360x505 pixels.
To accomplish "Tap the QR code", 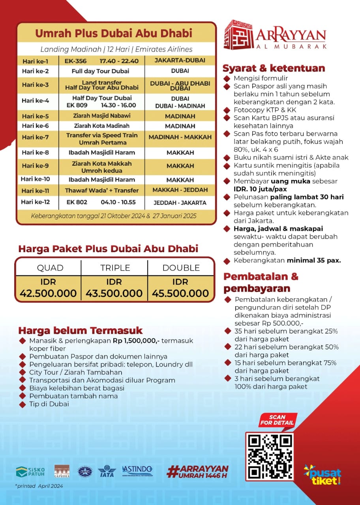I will tap(270, 456).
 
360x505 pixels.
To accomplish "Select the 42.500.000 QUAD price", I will tap(48, 293).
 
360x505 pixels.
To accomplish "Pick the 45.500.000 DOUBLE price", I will tap(180, 293).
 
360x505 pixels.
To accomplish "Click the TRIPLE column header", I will tap(115, 268).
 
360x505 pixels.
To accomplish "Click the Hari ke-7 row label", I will tap(35, 138).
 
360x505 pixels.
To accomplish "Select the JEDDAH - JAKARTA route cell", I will tap(180, 203).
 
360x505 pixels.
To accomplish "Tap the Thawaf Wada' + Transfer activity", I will tap(102, 190).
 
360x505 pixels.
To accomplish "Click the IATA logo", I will tap(106, 471).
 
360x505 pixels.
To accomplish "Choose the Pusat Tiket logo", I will tap(322, 474).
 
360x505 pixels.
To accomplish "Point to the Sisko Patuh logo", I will tap(30, 471).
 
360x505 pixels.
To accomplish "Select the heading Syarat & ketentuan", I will tap(274, 68).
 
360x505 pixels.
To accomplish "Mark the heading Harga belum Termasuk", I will tap(81, 330).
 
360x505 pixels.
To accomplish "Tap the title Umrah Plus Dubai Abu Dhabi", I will tap(114, 33).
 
